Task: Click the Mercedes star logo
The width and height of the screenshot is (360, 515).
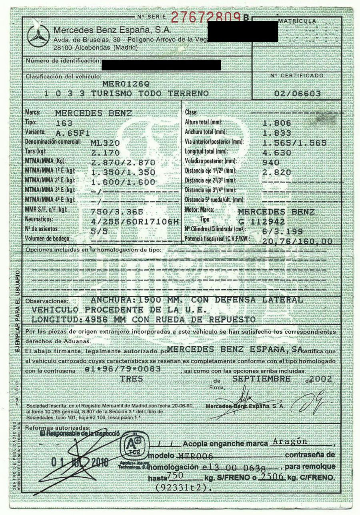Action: point(38,37)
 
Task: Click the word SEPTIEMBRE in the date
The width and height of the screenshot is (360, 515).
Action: point(262,379)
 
